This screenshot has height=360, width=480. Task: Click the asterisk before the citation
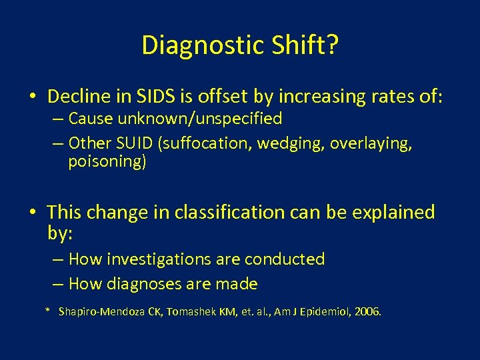[47, 311]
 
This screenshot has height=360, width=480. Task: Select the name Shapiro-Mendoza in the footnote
[103, 312]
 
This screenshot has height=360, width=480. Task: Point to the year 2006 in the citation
[367, 312]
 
